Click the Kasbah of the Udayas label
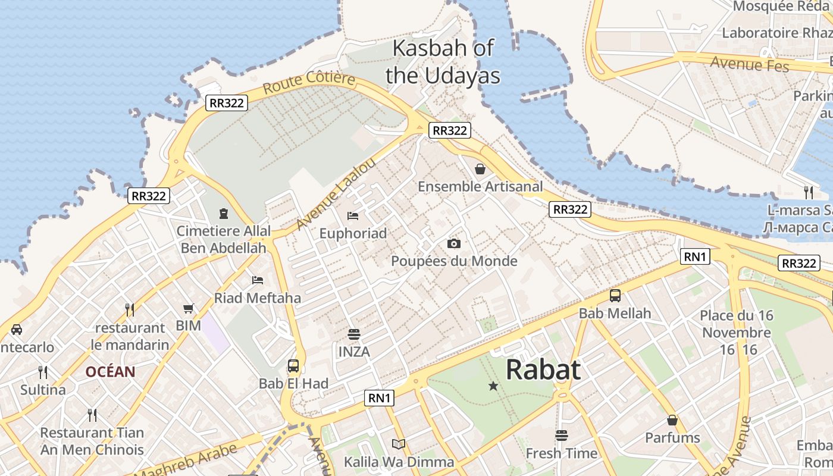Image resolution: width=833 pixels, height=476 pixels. click(443, 61)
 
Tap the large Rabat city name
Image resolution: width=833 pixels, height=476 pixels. click(543, 369)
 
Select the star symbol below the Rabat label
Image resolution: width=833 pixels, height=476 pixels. click(493, 386)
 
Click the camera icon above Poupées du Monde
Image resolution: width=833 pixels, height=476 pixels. click(454, 243)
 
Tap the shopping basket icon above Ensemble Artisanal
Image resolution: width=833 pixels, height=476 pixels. click(480, 169)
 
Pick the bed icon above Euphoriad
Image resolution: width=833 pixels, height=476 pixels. click(353, 215)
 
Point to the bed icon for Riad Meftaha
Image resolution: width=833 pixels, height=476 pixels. click(258, 280)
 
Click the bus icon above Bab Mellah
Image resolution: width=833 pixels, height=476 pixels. click(615, 295)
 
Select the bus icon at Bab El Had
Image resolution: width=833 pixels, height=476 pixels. click(293, 365)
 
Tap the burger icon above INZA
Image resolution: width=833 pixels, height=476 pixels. click(354, 334)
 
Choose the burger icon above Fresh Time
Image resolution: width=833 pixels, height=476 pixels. click(561, 436)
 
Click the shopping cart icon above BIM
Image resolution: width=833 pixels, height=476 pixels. click(189, 308)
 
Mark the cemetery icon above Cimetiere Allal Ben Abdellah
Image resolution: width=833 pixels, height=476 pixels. click(224, 213)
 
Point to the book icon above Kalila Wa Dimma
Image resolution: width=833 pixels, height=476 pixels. click(399, 444)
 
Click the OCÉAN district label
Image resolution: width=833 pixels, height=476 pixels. click(110, 372)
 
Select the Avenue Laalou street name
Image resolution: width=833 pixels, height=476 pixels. click(336, 193)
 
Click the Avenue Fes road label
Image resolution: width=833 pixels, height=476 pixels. click(749, 64)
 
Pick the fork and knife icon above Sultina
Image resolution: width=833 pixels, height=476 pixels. click(43, 372)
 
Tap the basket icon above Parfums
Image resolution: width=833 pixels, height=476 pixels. click(672, 420)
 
